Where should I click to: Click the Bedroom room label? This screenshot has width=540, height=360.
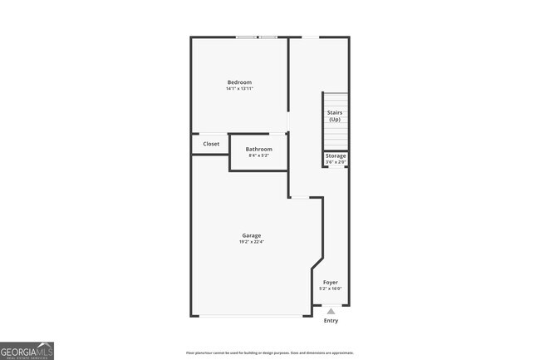pyautogui.click(x=239, y=82)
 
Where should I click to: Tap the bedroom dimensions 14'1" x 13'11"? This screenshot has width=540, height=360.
pyautogui.click(x=239, y=89)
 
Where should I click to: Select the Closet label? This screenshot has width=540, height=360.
pyautogui.click(x=211, y=144)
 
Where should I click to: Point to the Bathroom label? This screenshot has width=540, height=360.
pyautogui.click(x=258, y=150)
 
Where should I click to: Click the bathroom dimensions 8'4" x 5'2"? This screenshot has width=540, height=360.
pyautogui.click(x=258, y=156)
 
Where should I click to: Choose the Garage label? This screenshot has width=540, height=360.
pyautogui.click(x=251, y=235)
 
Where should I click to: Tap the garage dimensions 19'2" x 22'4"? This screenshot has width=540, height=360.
pyautogui.click(x=251, y=242)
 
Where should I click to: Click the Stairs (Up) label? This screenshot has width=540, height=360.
pyautogui.click(x=335, y=116)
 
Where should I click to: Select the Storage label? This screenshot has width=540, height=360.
pyautogui.click(x=336, y=155)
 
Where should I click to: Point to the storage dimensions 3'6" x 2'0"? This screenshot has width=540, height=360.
pyautogui.click(x=336, y=162)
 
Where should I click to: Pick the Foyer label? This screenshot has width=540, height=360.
pyautogui.click(x=331, y=282)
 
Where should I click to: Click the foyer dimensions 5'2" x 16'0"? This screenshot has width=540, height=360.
pyautogui.click(x=331, y=288)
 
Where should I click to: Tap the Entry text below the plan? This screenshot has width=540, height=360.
pyautogui.click(x=331, y=321)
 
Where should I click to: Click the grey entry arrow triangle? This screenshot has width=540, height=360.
pyautogui.click(x=331, y=312)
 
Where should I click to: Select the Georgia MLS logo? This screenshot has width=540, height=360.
pyautogui.click(x=27, y=351)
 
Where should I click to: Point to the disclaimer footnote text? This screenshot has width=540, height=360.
pyautogui.click(x=269, y=353)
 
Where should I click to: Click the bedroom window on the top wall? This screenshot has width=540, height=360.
pyautogui.click(x=256, y=37)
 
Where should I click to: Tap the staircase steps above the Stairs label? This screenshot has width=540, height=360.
pyautogui.click(x=335, y=100)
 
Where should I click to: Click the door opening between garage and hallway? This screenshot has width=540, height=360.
pyautogui.click(x=300, y=197)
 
